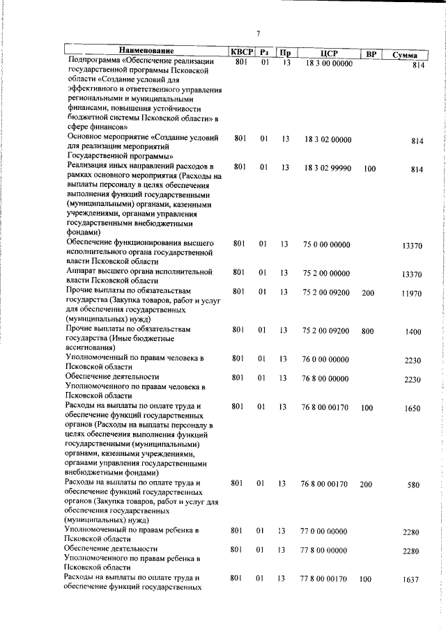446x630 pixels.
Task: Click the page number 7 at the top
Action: [x=258, y=33]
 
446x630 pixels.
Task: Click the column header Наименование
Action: [x=146, y=52]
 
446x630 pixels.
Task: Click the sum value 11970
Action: [x=411, y=294]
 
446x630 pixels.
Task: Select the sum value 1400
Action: [x=413, y=332]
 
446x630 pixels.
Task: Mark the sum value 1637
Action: [x=412, y=579]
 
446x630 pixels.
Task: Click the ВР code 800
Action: [x=368, y=331]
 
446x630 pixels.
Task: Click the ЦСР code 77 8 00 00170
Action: [x=323, y=578]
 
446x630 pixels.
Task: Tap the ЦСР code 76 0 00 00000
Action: [x=325, y=359]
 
